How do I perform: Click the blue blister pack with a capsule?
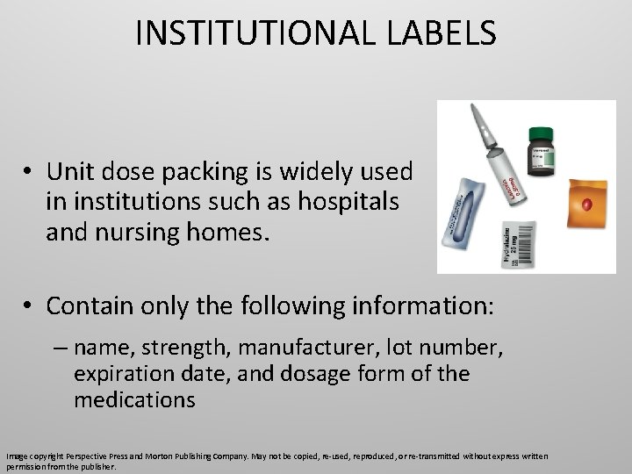coord(472,214)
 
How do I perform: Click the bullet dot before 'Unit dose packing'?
coord(30,172)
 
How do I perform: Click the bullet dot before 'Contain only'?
coord(30,306)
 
